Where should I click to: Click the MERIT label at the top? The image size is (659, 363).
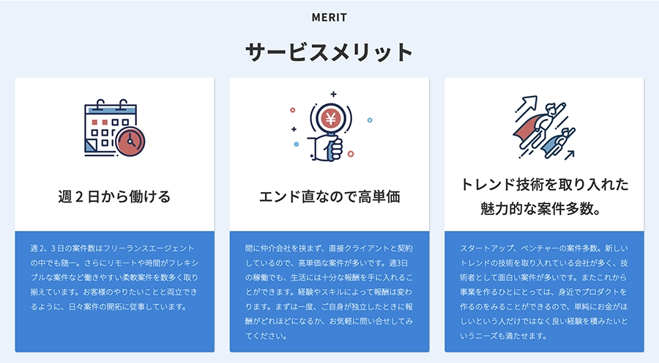[329, 18]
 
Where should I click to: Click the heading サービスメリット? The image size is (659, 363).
[329, 52]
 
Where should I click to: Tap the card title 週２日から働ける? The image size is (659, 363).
[114, 197]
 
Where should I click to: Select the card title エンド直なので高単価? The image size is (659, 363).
[329, 197]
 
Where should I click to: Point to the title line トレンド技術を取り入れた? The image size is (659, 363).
[544, 185]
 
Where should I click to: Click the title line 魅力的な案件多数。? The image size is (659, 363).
[541, 208]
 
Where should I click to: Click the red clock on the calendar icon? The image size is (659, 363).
[130, 142]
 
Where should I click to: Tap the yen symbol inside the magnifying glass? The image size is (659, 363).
[331, 119]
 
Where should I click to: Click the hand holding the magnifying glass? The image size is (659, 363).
[327, 149]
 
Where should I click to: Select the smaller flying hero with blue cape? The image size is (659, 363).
[558, 142]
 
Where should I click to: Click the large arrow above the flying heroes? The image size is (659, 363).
[526, 104]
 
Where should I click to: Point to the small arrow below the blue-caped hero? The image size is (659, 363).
[570, 155]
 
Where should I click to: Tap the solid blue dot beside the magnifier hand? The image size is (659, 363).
[297, 144]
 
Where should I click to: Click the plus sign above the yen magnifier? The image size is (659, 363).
[333, 95]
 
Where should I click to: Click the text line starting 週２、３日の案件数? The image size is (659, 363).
[112, 249]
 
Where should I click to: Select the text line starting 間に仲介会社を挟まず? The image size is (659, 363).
[329, 249]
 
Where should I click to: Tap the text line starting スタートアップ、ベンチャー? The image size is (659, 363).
[544, 249]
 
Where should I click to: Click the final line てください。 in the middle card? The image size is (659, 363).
[267, 336]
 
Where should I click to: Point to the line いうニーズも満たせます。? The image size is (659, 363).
[504, 336]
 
